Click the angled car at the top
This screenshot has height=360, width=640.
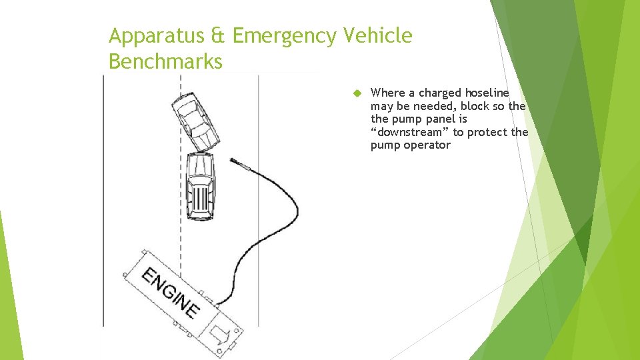coord(195,121)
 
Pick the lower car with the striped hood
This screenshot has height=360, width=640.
coord(200,186)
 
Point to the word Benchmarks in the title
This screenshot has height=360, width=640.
coord(165,61)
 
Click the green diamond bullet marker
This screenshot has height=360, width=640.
coord(357,93)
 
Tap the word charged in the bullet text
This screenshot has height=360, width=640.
coord(440,93)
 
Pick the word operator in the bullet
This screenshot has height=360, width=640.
coord(427,145)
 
